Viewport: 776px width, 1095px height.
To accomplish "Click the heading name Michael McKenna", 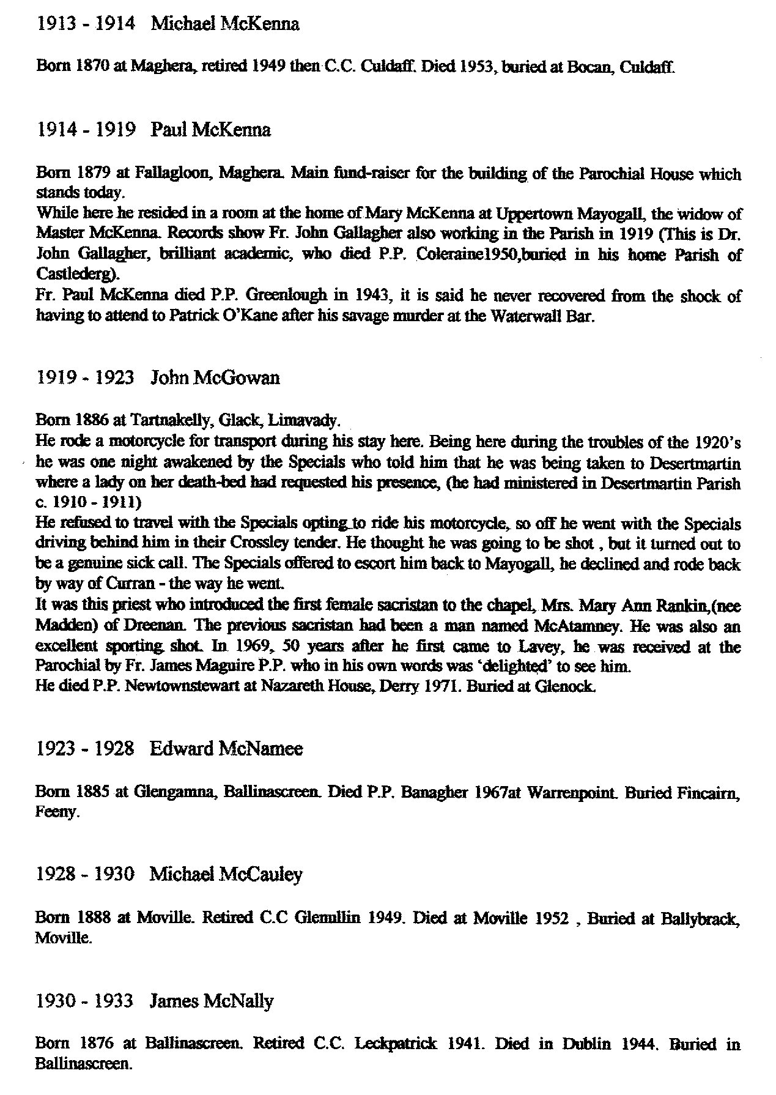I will point(224,24).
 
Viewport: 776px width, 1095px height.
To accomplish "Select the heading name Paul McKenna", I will point(210,130).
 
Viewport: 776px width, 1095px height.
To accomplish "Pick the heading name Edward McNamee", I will point(226,749).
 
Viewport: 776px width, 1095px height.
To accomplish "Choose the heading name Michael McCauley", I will point(226,875).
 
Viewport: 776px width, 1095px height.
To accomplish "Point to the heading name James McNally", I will point(212,1001).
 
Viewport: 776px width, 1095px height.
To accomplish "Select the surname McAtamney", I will point(602,626).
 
